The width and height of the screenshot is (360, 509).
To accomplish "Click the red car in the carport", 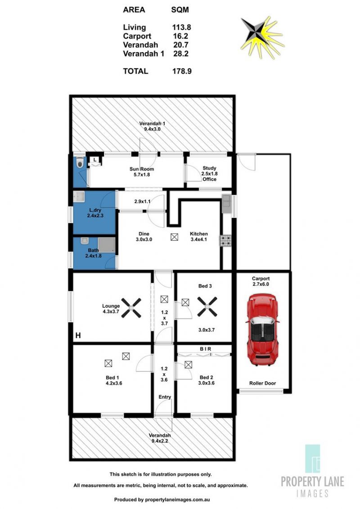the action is pos(262,330).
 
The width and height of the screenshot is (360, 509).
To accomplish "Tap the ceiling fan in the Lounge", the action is pos(131,308).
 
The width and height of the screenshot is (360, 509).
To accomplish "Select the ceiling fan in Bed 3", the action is pos(207,307).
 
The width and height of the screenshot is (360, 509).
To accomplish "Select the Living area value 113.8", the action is pos(182,27).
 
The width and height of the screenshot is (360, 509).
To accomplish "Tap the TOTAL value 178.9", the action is pos(182,71).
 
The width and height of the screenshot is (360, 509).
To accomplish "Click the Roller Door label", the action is pos(262,383).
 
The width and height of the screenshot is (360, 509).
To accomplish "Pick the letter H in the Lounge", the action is pos(78,335).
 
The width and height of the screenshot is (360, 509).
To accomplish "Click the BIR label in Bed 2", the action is pos(205,348).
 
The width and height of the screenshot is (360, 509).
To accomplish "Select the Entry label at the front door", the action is pos(165,397).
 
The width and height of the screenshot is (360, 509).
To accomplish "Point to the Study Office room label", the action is pos(209,174).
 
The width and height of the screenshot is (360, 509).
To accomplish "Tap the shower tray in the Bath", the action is pos(107,245).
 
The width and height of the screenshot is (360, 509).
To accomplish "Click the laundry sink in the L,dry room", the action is pos(79,196).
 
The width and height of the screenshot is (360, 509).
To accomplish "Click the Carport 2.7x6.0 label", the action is pos(261,281).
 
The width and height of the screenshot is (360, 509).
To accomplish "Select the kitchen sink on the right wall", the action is pos(226,204).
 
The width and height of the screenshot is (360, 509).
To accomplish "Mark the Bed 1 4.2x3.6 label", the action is pos(114,380).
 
